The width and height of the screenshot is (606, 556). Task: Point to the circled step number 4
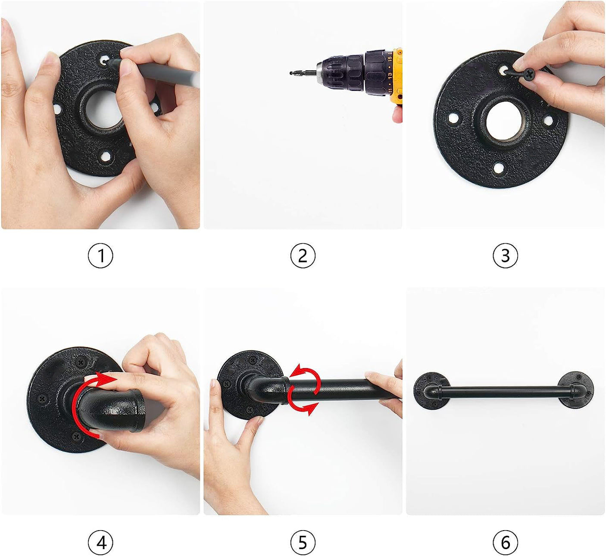[x=100, y=543]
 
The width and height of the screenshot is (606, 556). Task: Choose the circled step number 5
[x=303, y=543]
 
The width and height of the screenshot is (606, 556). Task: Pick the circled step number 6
[x=505, y=543]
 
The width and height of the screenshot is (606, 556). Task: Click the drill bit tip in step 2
[x=291, y=73]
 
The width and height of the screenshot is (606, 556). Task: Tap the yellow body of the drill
[x=396, y=75]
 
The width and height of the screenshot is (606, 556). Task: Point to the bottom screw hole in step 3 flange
[x=498, y=168]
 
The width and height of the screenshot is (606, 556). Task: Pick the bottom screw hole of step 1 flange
[x=106, y=156]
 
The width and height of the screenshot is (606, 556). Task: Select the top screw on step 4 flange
[x=81, y=362]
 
